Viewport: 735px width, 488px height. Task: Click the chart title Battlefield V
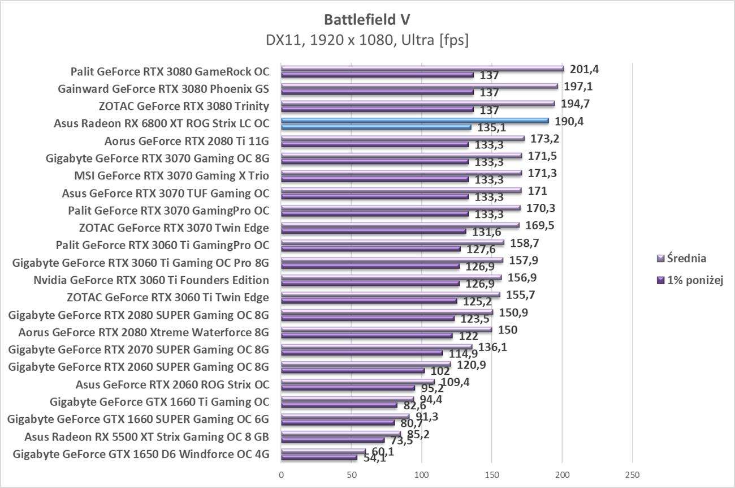pyautogui.click(x=367, y=19)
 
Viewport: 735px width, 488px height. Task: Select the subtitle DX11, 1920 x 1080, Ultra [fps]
pyautogui.click(x=367, y=40)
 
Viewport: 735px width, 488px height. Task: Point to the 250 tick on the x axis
pyautogui.click(x=632, y=474)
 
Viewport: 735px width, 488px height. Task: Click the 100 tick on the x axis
pyautogui.click(x=422, y=474)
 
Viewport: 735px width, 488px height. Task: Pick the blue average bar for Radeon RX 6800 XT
pyautogui.click(x=414, y=121)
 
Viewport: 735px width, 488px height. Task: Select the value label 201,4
pyautogui.click(x=584, y=70)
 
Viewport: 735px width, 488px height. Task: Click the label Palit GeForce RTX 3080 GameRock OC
pyautogui.click(x=170, y=71)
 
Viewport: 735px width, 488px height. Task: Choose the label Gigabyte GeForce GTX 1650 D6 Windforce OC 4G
pyautogui.click(x=140, y=454)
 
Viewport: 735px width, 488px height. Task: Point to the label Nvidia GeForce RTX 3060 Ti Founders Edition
pyautogui.click(x=151, y=280)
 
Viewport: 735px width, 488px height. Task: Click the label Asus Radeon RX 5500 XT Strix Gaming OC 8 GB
pyautogui.click(x=146, y=436)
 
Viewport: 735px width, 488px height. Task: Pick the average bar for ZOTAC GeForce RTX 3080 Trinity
pyautogui.click(x=418, y=103)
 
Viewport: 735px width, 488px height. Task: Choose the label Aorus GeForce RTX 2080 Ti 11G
pyautogui.click(x=187, y=141)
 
